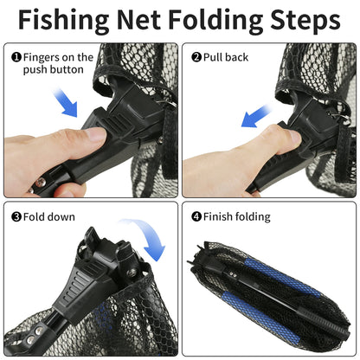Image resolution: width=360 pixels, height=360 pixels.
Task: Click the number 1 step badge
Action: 16,58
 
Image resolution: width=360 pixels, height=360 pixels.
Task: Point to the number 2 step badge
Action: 196,57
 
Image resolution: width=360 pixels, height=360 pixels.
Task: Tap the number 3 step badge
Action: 16,216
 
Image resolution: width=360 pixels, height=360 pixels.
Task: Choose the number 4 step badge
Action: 196,216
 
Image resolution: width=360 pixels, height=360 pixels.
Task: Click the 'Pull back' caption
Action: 227,57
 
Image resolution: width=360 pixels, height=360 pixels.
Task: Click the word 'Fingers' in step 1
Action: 43,57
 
